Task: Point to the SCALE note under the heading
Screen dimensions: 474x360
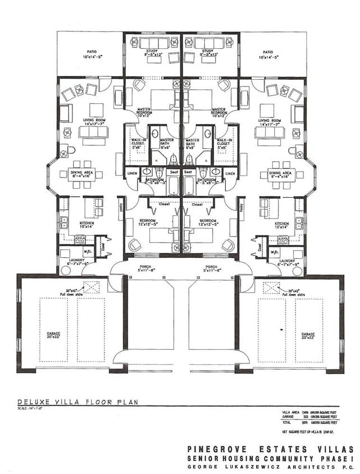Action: click(x=32, y=409)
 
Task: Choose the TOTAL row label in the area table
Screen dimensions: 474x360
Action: click(x=287, y=422)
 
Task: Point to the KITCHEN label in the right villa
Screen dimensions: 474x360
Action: click(x=281, y=223)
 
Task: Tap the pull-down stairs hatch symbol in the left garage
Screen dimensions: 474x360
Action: click(x=90, y=286)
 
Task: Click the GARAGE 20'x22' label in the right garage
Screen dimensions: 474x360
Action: click(x=308, y=335)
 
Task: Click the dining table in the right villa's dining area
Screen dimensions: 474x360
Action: click(x=281, y=175)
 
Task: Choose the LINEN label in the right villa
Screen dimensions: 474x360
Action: click(x=229, y=174)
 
